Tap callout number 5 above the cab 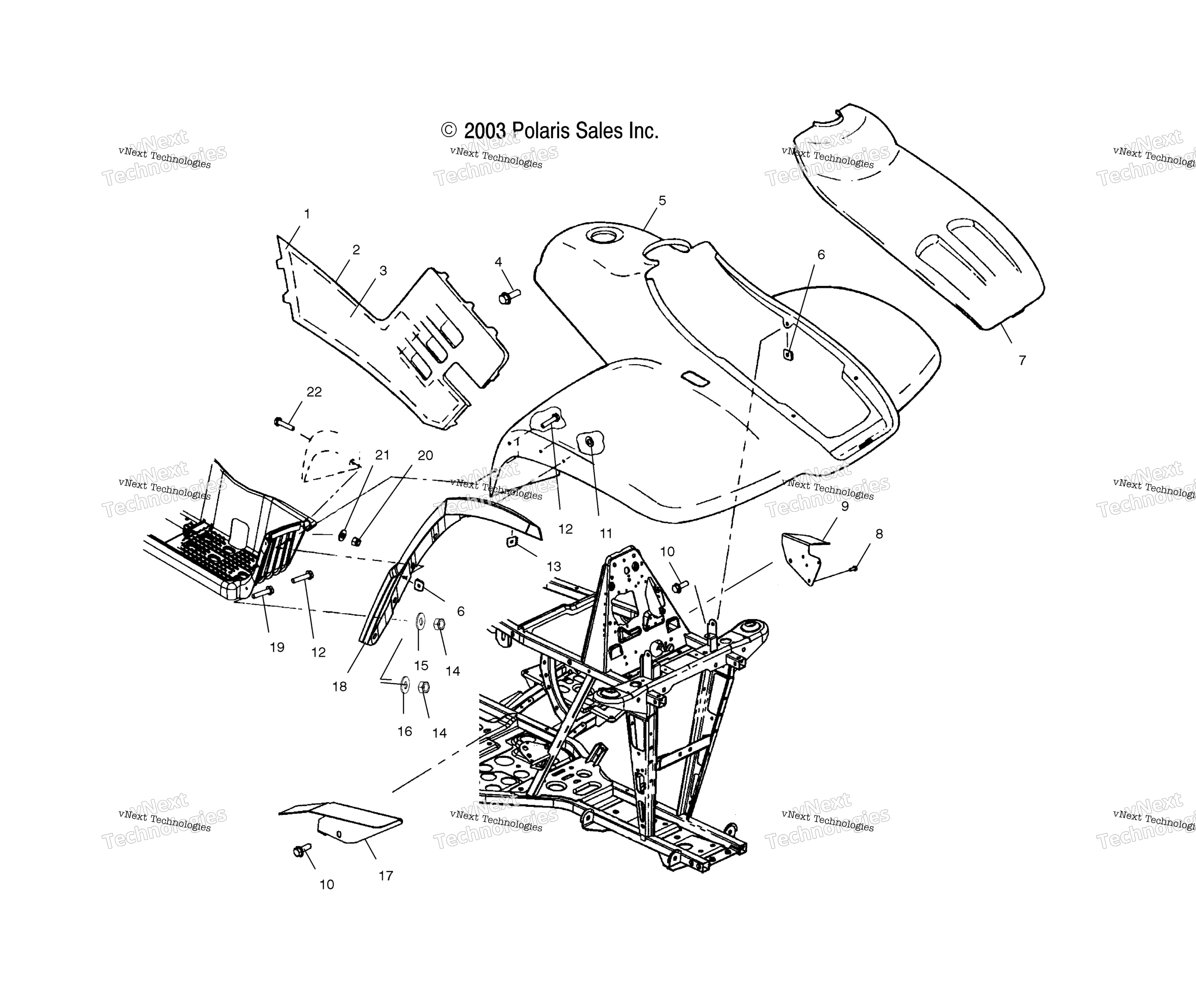662,200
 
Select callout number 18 339,687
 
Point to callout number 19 277,647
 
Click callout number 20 426,456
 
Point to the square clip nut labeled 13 511,541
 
